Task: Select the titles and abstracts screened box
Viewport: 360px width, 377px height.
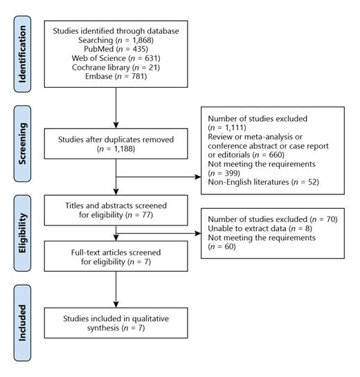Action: (x=116, y=210)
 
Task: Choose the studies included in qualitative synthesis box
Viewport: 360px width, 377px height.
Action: (x=116, y=323)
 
